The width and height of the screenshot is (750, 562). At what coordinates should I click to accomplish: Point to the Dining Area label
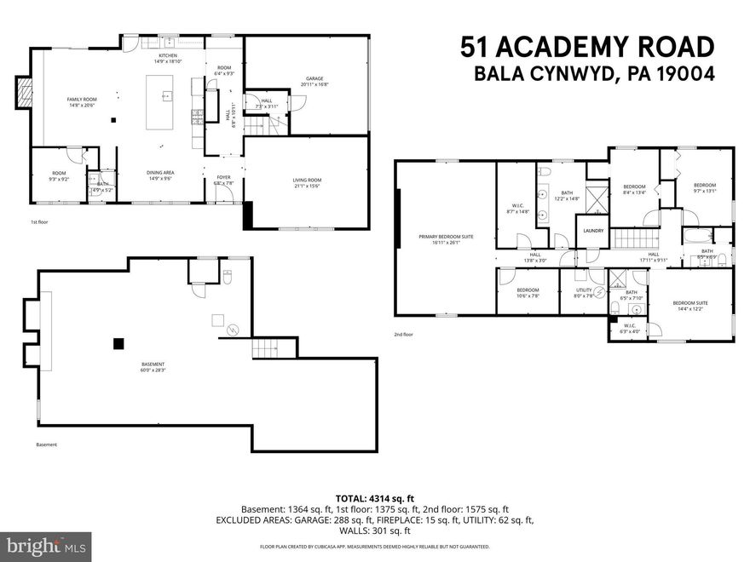(161, 175)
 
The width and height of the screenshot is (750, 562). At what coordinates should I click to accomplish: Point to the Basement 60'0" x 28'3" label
(153, 368)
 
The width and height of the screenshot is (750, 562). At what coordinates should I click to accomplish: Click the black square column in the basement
(118, 343)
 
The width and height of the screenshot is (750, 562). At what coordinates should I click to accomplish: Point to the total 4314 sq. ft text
(374, 497)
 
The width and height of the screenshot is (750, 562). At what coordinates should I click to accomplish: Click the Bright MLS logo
(47, 544)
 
